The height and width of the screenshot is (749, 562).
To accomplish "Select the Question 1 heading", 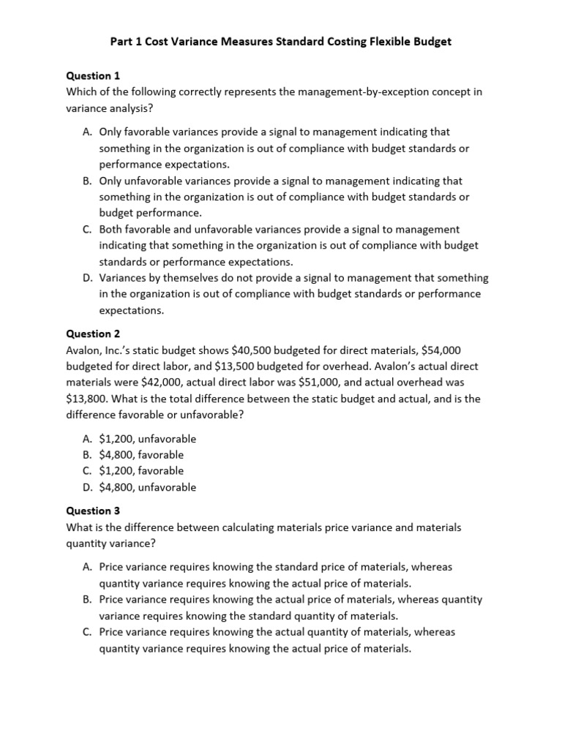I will [93, 75].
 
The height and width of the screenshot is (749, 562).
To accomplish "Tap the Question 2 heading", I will [93, 334].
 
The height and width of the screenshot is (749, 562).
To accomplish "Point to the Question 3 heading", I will [93, 511].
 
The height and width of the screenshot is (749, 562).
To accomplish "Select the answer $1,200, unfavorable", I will [147, 439].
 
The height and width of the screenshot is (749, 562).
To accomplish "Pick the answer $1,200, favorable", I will [141, 471].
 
